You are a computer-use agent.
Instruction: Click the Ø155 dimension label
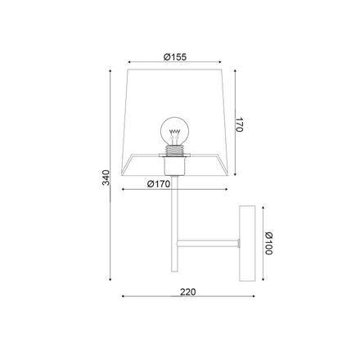pyautogui.click(x=175, y=57)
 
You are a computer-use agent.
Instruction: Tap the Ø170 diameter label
pyautogui.click(x=159, y=184)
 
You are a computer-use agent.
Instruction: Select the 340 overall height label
pyautogui.click(x=106, y=178)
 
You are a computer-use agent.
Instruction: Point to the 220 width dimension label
pyautogui.click(x=188, y=292)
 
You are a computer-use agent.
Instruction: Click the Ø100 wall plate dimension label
pyautogui.click(x=269, y=243)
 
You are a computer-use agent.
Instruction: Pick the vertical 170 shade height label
pyautogui.click(x=239, y=124)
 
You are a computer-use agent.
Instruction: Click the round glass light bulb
pyautogui.click(x=174, y=131)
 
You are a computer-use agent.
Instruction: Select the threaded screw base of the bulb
pyautogui.click(x=174, y=150)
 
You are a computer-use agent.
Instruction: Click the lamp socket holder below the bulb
pyautogui.click(x=174, y=165)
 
